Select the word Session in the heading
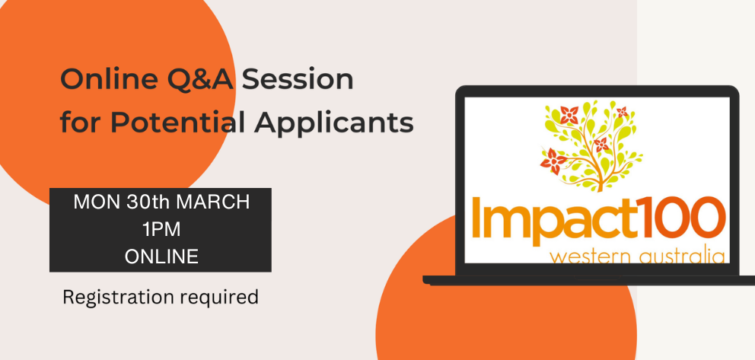[x=298, y=80]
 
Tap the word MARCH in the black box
[x=214, y=202]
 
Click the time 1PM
[x=161, y=230]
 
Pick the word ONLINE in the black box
[x=161, y=256]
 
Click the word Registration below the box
[x=118, y=298]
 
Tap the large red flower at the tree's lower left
[x=554, y=161]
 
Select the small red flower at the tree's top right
[x=622, y=112]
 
